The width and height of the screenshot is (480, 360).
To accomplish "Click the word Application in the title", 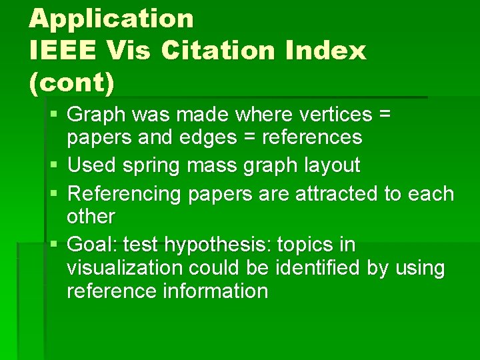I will click(111, 18).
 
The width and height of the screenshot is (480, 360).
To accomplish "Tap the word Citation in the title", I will click(213, 50).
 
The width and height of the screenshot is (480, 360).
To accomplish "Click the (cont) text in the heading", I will click(72, 83).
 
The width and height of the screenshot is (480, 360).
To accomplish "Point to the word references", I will click(312, 137).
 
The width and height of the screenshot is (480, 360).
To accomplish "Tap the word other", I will click(91, 217).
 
